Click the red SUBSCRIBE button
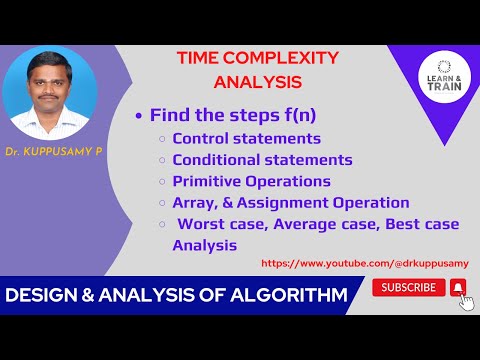point(408,287)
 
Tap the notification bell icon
point(458,288)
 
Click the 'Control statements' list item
point(246,138)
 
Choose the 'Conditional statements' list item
point(262,160)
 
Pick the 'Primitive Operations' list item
point(251,181)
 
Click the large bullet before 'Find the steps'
point(139,115)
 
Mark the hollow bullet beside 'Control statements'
point(162,139)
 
